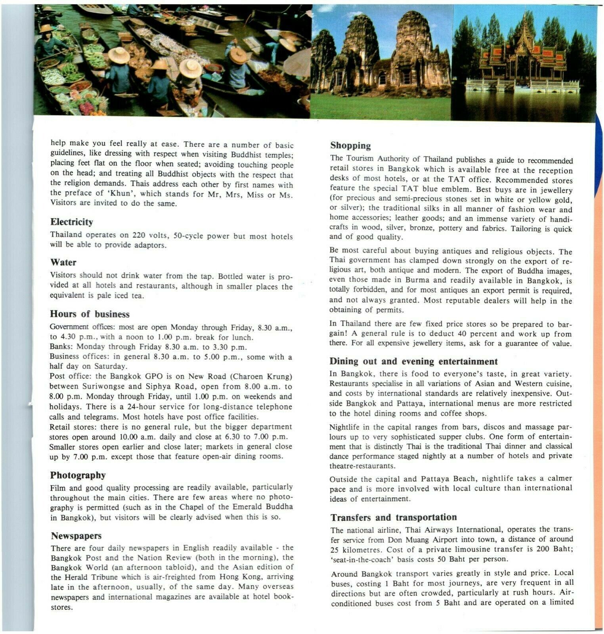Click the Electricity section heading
71,222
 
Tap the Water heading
63,262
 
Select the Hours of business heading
90,314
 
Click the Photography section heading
78,475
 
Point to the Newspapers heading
76,536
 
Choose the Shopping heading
351,146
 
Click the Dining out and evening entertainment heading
413,362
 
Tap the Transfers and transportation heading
394,517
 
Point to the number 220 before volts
139,235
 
